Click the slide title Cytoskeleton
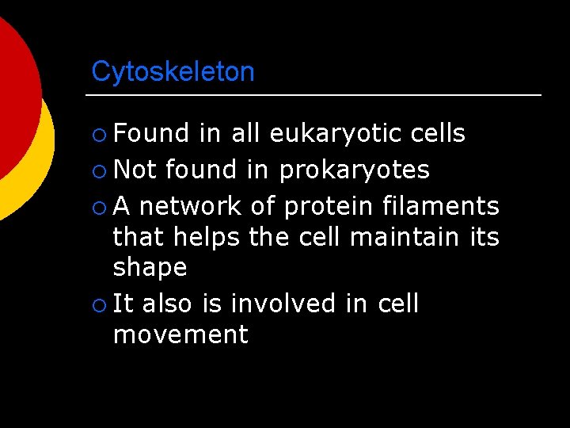(x=173, y=72)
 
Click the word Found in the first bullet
(x=151, y=133)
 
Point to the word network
(x=191, y=206)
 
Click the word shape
(x=150, y=268)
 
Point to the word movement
(x=180, y=334)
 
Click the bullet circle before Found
(x=98, y=134)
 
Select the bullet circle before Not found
(x=98, y=170)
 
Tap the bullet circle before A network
(x=98, y=207)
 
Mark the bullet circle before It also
(x=98, y=304)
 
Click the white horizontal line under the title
(x=313, y=96)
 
